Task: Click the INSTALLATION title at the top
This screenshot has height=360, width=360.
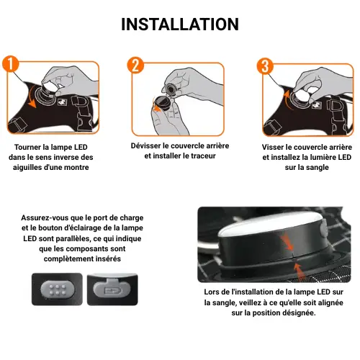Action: [x=180, y=24]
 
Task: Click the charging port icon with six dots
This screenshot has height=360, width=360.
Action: [x=55, y=290]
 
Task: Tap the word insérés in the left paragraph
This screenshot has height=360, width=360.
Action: [x=100, y=258]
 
